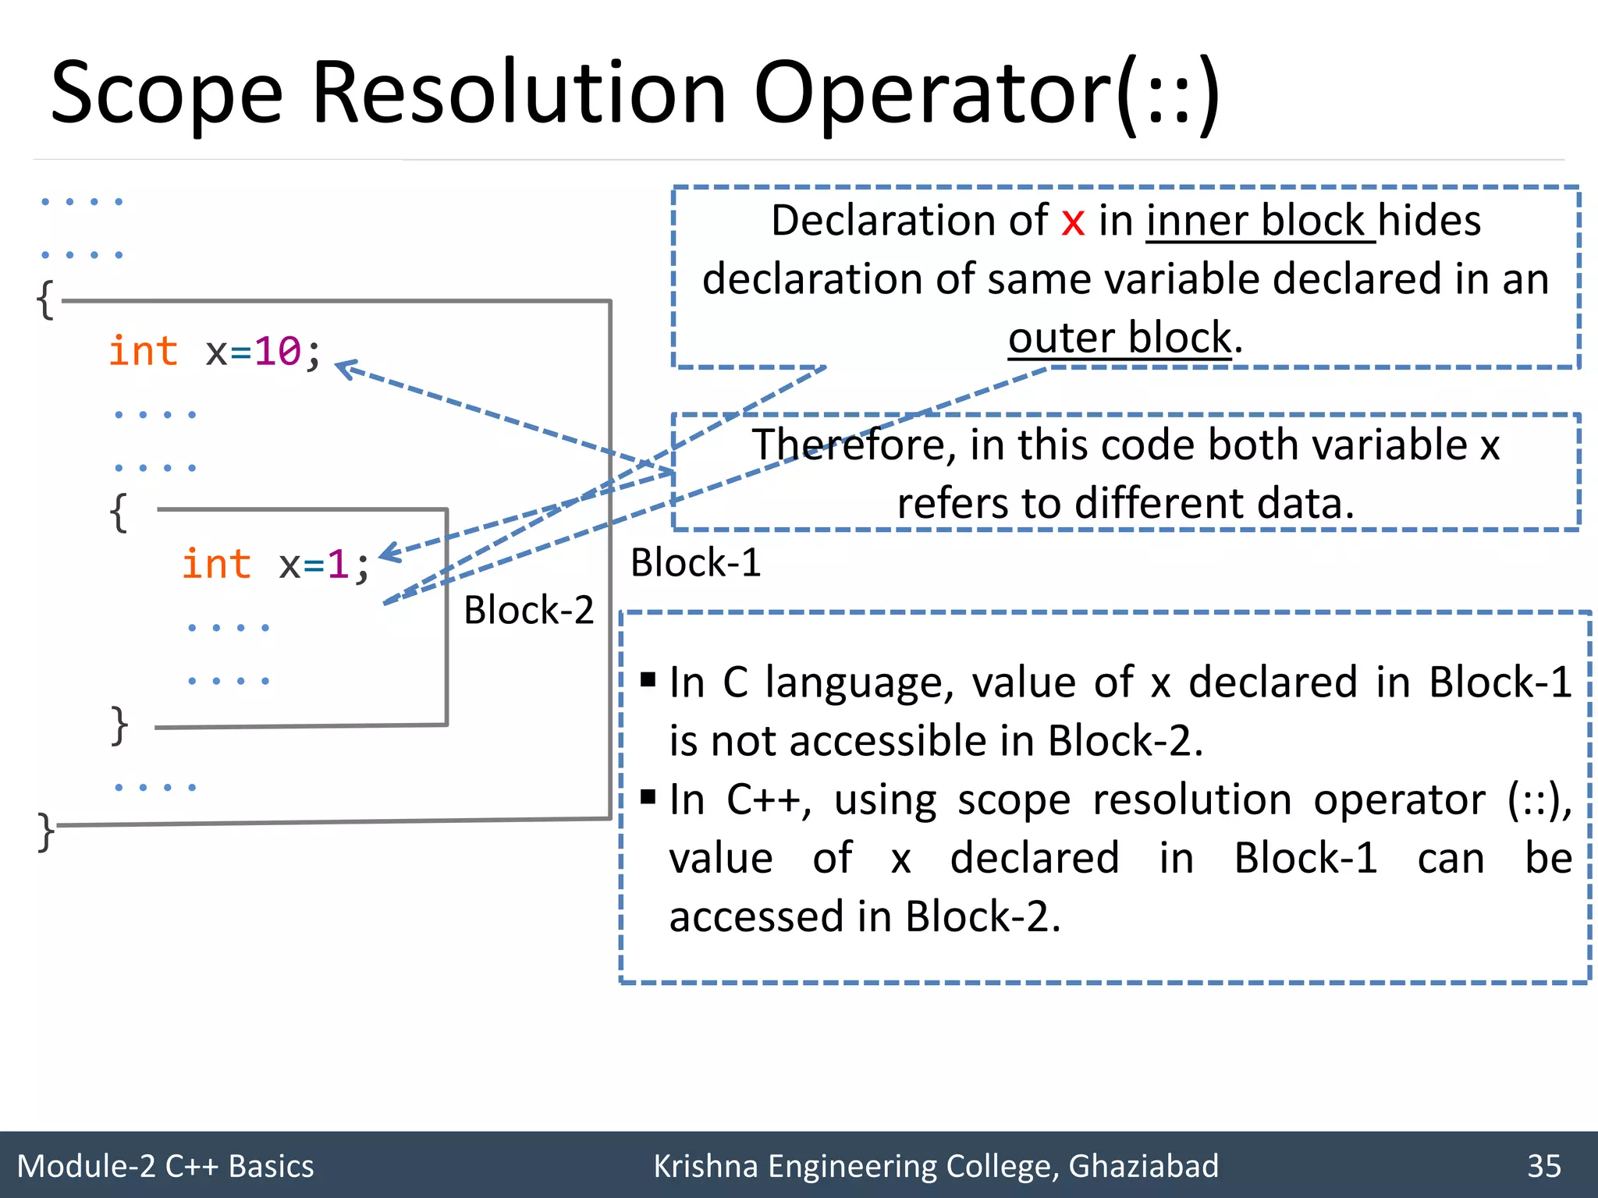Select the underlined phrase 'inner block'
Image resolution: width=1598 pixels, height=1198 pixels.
coord(1255,222)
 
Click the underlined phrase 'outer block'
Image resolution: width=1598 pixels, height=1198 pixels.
coord(1120,338)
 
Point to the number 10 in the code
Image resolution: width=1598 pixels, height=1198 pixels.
coord(278,352)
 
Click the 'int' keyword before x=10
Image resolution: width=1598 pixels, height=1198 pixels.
coord(143,351)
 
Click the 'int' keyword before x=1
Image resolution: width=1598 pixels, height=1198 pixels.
coord(216,564)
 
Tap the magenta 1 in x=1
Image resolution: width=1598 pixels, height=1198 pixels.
coord(337,565)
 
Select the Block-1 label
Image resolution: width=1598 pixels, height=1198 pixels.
coord(695,563)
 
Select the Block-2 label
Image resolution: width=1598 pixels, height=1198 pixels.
coord(528,610)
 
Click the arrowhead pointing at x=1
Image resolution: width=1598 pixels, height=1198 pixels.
coord(388,553)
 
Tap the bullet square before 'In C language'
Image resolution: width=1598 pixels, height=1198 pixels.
coord(648,680)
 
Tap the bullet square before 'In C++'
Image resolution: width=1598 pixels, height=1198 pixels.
coord(648,797)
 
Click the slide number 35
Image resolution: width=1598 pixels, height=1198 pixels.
coord(1543,1166)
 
